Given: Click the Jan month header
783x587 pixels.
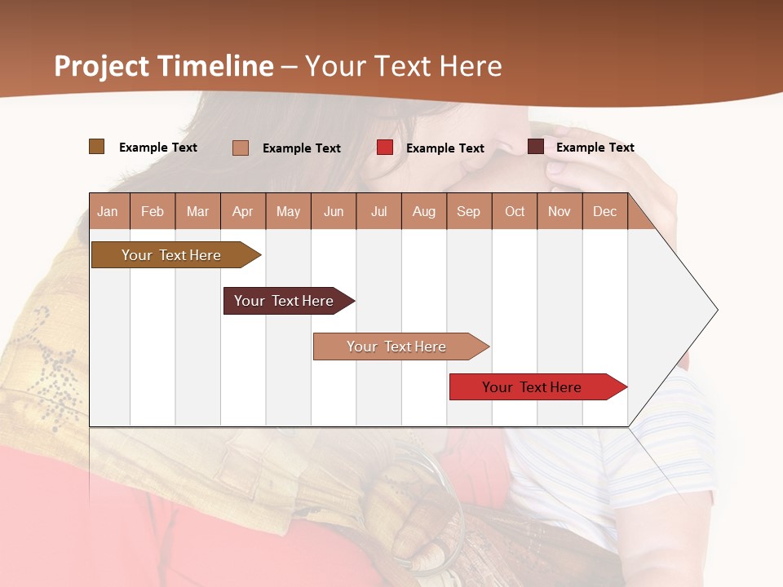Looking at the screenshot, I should click(108, 211).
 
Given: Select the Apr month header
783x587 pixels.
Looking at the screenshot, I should click(242, 211).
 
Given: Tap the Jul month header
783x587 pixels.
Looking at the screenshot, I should click(378, 211).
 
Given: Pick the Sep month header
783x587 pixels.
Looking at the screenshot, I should click(468, 211).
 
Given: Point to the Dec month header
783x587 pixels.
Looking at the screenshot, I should click(604, 211).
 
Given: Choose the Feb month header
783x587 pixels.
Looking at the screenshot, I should click(153, 211).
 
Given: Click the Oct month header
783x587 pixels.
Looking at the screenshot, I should click(515, 211).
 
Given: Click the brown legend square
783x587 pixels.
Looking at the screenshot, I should click(96, 147).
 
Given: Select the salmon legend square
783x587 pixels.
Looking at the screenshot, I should click(240, 148).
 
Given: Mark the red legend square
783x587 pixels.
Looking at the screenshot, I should click(384, 148).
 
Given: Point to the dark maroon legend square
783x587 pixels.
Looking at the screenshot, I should click(535, 147).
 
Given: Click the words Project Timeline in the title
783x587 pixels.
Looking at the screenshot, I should click(163, 66).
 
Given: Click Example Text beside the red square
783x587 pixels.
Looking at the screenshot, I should click(445, 148).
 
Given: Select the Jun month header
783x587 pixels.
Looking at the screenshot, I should click(334, 211).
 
